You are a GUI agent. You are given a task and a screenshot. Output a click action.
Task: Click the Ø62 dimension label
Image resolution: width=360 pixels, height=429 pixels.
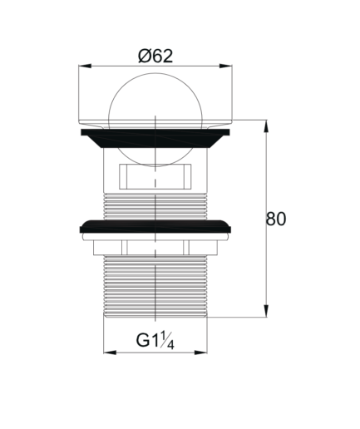155,56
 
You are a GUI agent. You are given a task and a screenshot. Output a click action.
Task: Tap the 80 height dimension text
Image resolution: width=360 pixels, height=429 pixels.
275,219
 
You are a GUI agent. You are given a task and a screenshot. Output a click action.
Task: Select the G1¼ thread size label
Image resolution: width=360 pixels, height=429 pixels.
155,340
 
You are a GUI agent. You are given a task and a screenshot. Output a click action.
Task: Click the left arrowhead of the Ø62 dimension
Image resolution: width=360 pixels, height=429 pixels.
85,66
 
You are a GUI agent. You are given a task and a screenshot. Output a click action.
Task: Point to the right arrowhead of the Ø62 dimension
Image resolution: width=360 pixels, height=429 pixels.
225,66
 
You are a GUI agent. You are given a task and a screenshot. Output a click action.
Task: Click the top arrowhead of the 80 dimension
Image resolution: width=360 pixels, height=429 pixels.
266,126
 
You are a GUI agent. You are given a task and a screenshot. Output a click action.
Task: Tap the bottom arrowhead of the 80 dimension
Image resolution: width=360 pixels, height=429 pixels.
266,311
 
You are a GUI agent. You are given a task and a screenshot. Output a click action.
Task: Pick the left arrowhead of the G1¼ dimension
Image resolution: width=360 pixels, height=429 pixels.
110,353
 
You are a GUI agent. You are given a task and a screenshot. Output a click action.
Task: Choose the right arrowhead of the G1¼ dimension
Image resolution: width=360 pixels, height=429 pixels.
200,353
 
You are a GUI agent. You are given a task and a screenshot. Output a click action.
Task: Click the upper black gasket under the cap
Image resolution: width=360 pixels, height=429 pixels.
155,138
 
